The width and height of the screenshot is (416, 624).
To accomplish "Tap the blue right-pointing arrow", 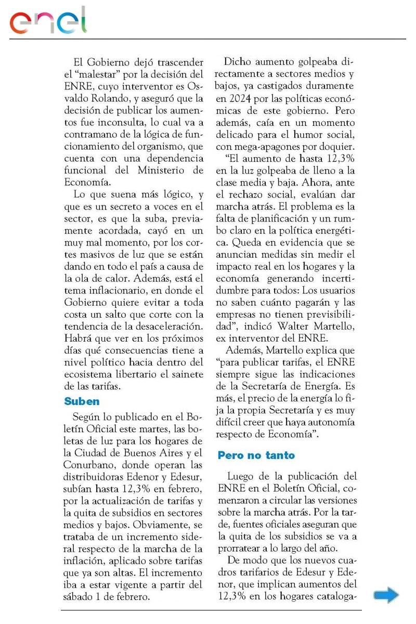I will (x=386, y=595).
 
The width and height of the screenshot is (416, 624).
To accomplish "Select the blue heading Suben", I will (x=82, y=401).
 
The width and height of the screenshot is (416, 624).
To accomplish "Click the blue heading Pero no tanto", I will (x=256, y=456).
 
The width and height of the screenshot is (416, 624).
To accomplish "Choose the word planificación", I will (x=267, y=218).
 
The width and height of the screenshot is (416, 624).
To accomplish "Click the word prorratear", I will (x=241, y=548).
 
